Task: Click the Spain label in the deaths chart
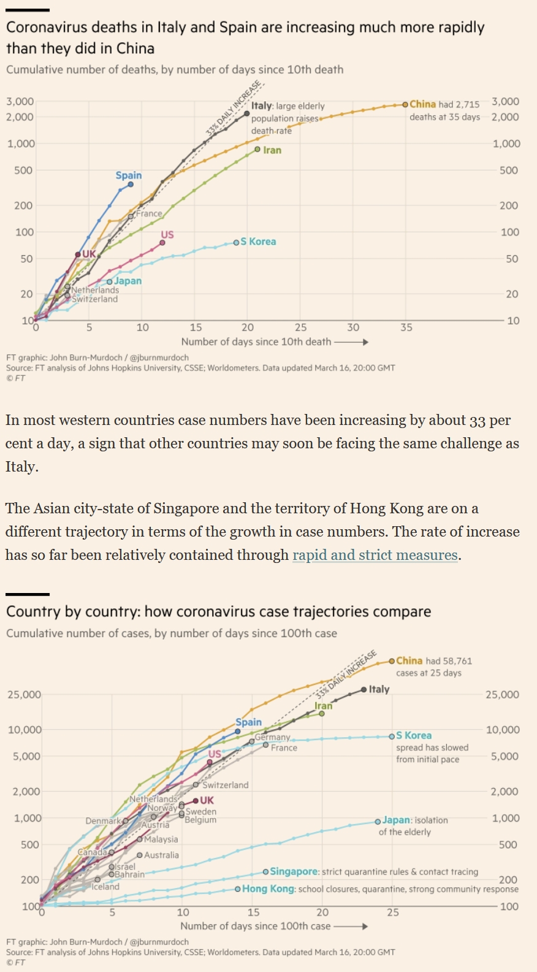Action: tap(129, 175)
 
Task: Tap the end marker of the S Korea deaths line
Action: tap(236, 243)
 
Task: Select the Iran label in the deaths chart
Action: tap(272, 150)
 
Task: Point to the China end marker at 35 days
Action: tap(405, 105)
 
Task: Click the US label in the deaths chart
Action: tap(167, 235)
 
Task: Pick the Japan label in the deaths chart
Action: tap(128, 281)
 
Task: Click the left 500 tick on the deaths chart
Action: tap(23, 170)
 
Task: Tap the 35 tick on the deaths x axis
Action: tap(406, 327)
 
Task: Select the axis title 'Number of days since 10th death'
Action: tap(256, 342)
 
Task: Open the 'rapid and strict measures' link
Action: tap(375, 555)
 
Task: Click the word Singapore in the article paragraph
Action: tap(188, 508)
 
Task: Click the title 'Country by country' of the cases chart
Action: tap(218, 611)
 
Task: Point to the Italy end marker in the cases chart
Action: tap(364, 689)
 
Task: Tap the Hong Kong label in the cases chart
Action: tap(268, 889)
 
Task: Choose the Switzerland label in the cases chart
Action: tap(225, 785)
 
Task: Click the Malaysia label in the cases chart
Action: tap(161, 840)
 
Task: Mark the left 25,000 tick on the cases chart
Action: tap(24, 695)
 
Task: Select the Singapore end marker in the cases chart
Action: tap(265, 871)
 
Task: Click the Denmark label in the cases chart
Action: tap(103, 821)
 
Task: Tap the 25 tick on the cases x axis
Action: tap(392, 912)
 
